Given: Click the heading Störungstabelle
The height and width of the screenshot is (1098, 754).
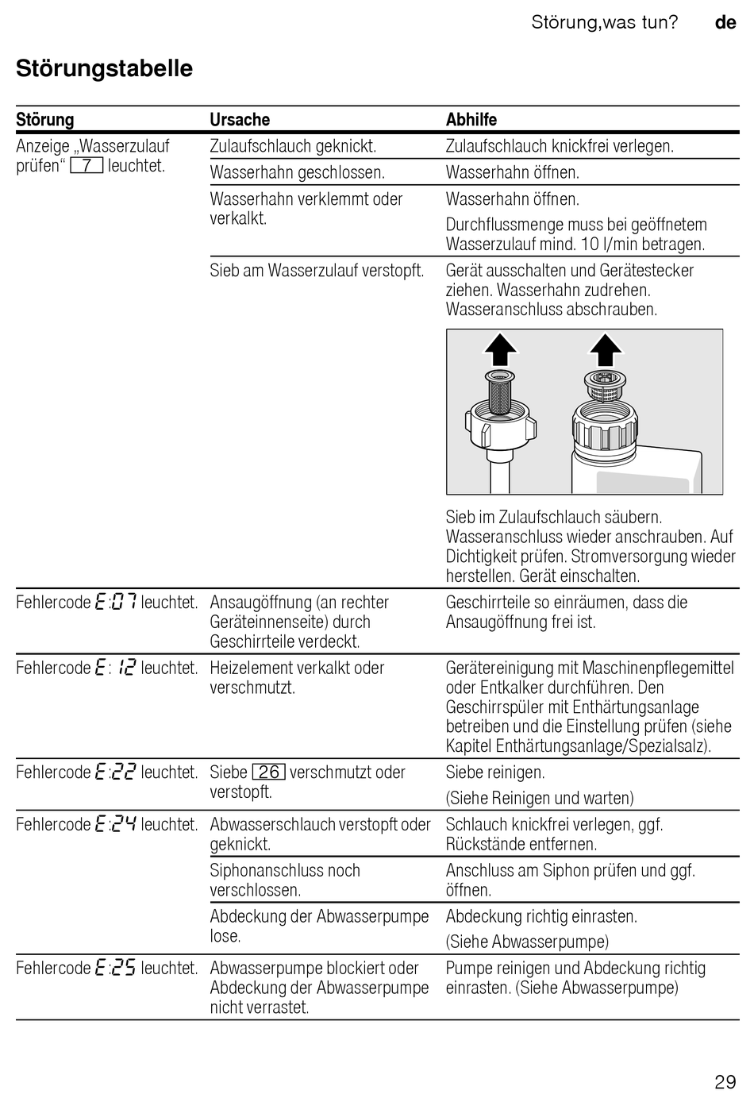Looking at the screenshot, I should [104, 68].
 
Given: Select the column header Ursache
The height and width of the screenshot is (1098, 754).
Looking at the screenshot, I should [240, 120].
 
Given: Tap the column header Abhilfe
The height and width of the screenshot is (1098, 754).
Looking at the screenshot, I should [471, 120].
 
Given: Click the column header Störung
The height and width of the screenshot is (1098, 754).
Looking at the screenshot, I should [45, 120].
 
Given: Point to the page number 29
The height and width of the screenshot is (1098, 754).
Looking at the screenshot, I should [725, 1081].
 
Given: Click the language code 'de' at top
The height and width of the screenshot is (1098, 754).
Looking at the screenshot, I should [725, 22].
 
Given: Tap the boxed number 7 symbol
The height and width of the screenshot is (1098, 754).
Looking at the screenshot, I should [87, 166].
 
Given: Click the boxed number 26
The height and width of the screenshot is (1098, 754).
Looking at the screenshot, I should [268, 772].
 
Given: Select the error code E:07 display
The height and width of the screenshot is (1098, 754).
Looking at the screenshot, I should [115, 603].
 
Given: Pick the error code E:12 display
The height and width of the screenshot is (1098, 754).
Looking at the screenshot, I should [115, 668].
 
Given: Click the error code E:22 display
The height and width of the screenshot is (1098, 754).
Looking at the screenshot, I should [115, 772].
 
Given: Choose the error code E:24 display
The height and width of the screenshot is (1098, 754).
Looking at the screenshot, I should [115, 825].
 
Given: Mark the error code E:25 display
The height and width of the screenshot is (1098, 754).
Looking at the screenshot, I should [115, 969].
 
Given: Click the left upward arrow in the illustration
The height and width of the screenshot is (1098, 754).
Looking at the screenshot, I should [501, 349].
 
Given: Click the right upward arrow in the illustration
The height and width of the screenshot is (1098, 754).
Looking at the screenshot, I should [606, 349].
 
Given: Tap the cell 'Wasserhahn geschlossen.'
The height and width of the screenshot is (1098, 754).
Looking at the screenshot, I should [297, 172].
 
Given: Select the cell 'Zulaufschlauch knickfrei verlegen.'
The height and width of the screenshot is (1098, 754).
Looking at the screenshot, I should [560, 146].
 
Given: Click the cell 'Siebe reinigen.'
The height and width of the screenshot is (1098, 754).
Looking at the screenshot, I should [495, 772].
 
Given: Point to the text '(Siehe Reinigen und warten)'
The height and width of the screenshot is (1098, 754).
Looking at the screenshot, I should [540, 798].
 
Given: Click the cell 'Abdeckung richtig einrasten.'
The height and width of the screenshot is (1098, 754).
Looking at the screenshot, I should [541, 916].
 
